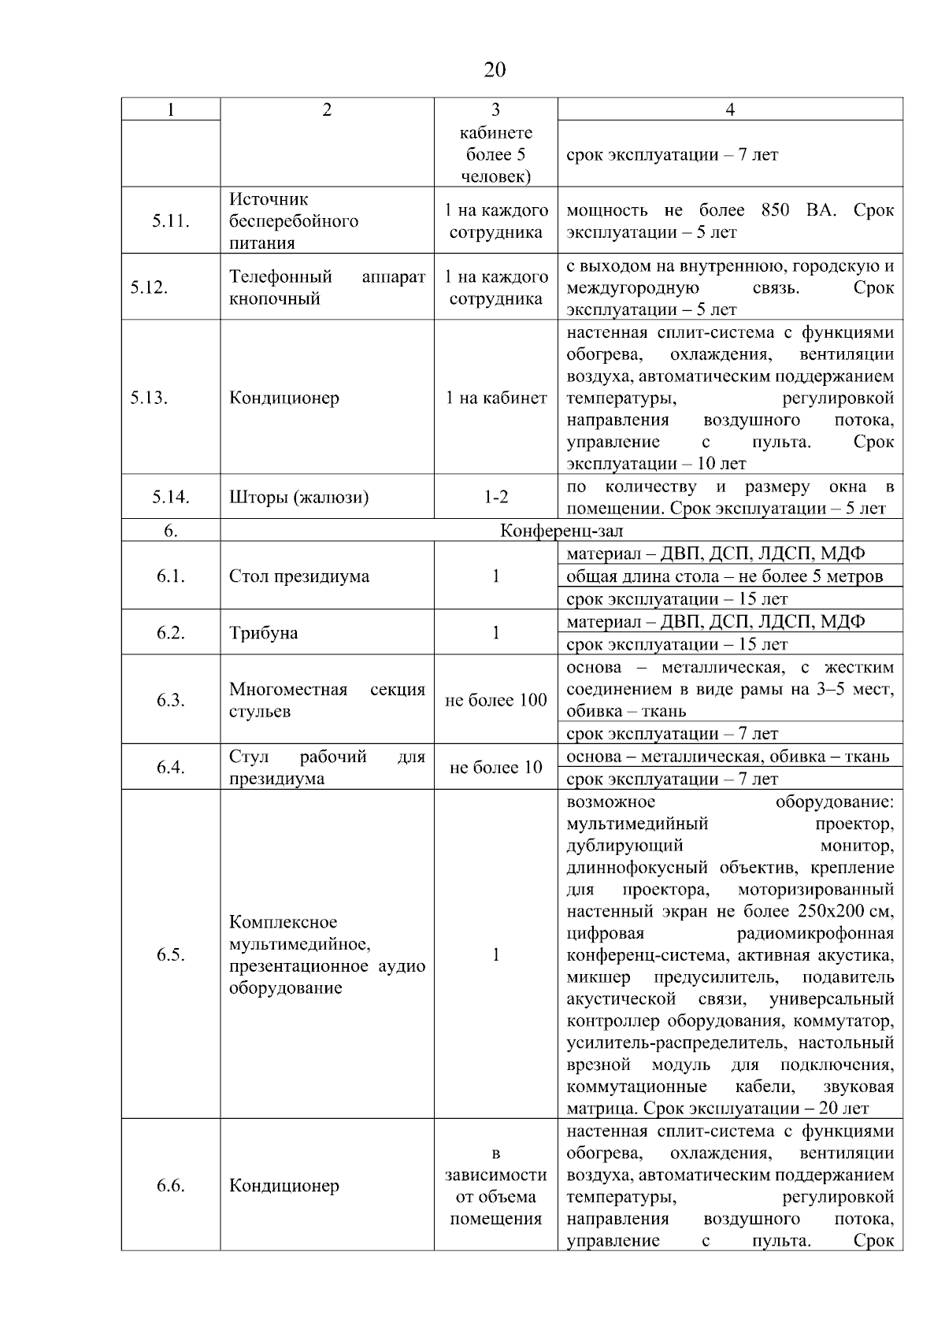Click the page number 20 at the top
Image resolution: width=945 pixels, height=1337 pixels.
495,70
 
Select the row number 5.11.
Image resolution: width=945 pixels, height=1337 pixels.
170,221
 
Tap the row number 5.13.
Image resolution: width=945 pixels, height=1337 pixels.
149,398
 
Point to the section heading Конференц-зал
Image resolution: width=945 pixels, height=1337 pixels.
561,531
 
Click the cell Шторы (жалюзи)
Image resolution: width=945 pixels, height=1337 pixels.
298,497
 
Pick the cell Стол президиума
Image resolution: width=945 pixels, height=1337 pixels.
298,576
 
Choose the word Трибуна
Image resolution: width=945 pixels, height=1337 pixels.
263,633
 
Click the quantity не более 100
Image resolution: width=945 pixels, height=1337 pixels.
495,700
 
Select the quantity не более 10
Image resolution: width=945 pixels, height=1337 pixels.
495,767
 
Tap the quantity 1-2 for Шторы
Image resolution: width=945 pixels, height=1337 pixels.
495,497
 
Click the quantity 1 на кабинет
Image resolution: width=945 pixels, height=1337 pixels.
495,398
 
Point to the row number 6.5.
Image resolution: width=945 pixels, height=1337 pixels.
170,955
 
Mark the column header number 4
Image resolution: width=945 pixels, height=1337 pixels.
730,109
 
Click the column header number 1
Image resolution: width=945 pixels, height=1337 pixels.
170,109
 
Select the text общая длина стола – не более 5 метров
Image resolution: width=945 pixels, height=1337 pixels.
724,576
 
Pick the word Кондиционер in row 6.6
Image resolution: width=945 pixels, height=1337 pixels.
283,1186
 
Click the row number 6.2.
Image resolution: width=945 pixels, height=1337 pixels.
170,633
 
